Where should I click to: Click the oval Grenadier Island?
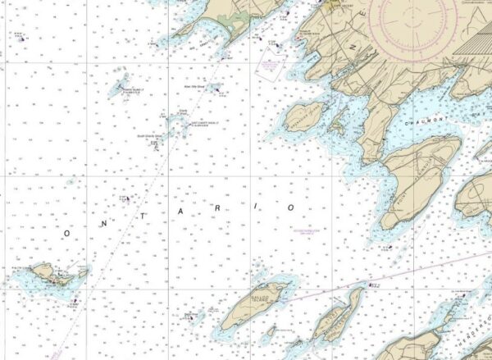(306, 117)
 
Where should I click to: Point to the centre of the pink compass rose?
(414, 15)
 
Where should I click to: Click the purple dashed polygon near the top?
(269, 65)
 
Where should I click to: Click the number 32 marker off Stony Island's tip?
(374, 285)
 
